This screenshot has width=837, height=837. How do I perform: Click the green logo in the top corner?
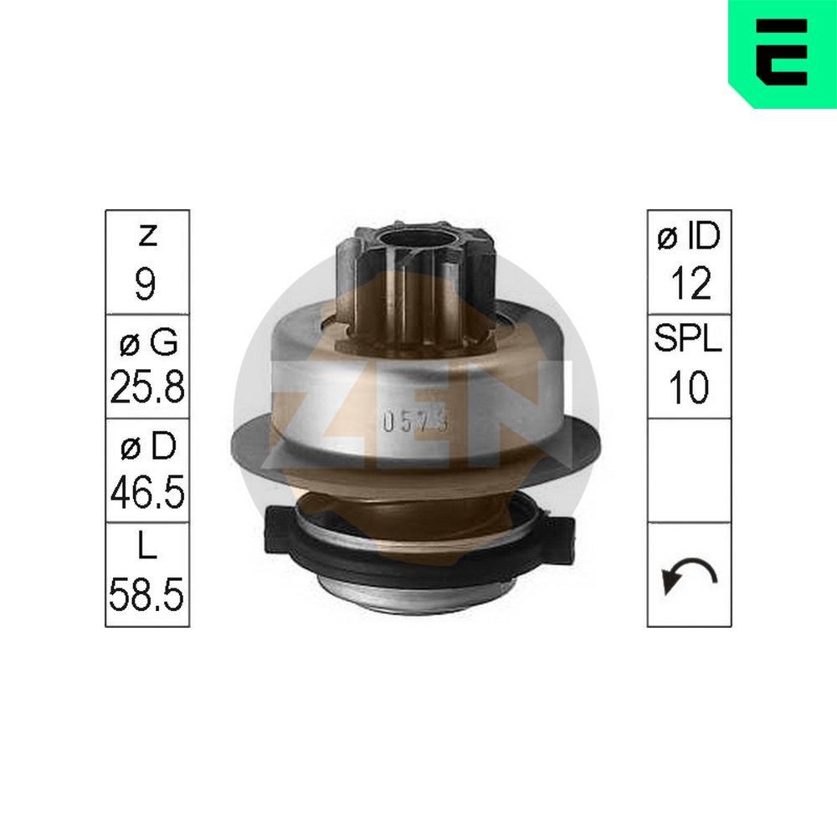[782, 53]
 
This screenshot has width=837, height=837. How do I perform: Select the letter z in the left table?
[146, 237]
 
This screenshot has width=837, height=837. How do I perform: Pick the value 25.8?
[146, 388]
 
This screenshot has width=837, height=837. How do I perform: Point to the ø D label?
[146, 447]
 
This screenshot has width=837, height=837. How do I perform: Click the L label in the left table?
[146, 551]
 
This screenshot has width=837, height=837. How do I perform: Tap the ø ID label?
[689, 238]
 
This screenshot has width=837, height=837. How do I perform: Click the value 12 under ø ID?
[689, 285]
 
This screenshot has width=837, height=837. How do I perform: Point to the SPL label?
[689, 341]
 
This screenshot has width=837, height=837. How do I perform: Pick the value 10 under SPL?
[689, 388]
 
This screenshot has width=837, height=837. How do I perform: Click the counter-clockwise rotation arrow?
[688, 576]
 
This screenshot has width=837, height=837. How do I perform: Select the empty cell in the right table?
[689, 470]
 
